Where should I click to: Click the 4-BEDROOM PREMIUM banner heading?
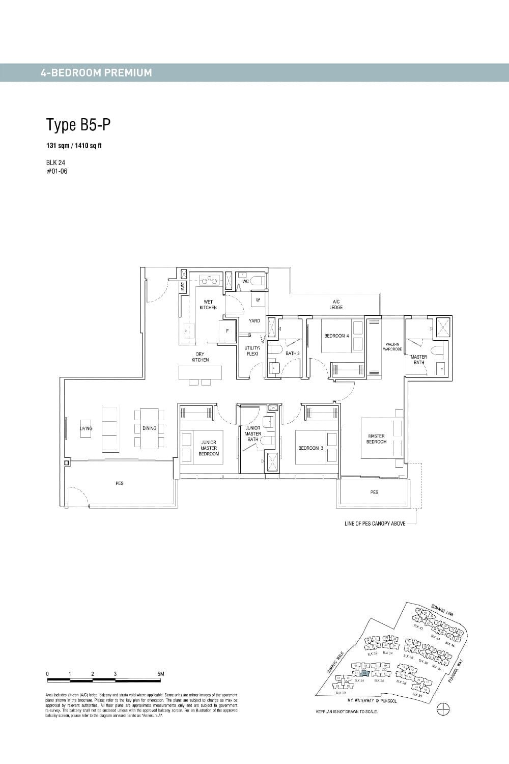(x=96, y=73)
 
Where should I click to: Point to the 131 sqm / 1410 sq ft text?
(x=74, y=146)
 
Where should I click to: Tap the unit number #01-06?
(x=56, y=171)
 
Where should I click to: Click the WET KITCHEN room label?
(x=208, y=305)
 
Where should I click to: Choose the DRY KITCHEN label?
(x=200, y=357)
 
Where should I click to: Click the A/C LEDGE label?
(x=336, y=305)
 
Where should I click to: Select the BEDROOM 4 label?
(x=336, y=336)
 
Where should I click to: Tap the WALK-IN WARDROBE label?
(x=393, y=347)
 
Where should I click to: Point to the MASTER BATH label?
(x=418, y=360)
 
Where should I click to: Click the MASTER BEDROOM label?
(x=376, y=439)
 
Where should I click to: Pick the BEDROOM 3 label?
(x=311, y=448)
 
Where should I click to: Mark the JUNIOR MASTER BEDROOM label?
(x=209, y=448)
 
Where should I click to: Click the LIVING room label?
(x=86, y=428)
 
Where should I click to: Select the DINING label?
(x=149, y=428)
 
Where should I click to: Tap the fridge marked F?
(x=228, y=331)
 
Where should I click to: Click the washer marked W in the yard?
(x=258, y=300)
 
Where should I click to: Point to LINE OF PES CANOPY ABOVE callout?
(x=375, y=524)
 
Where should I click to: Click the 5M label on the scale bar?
(x=161, y=674)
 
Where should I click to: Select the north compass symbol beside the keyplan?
(x=443, y=709)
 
